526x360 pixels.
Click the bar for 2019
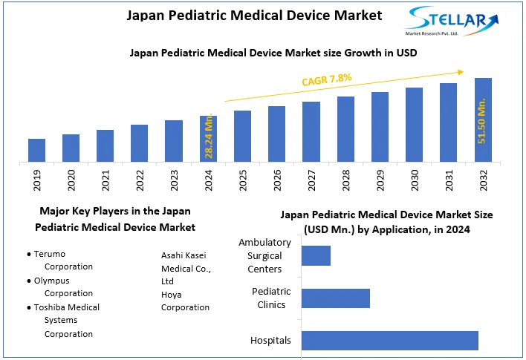36,150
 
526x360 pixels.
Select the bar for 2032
483,120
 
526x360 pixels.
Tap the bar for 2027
311,131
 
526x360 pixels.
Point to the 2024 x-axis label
209,180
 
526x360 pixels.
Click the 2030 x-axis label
415,180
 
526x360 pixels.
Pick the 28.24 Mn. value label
210,137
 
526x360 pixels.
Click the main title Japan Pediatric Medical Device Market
244,15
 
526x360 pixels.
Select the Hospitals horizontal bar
389,340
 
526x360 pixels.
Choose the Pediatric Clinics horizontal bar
335,298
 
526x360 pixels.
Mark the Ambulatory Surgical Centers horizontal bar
316,255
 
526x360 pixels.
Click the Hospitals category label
270,341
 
